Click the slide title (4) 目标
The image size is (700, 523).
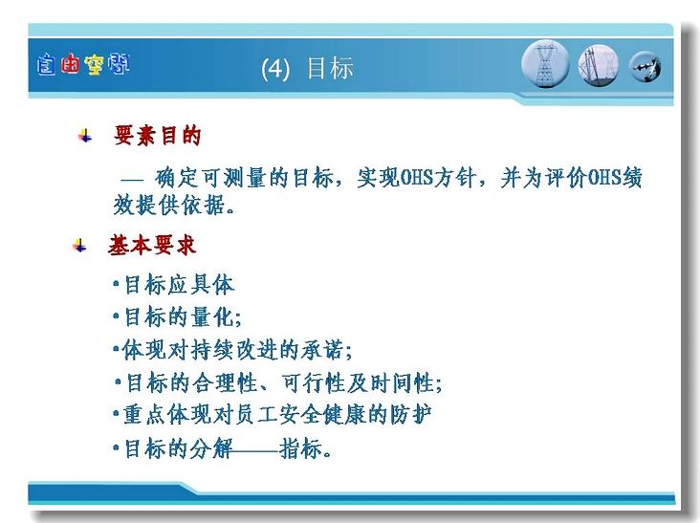tap(307, 68)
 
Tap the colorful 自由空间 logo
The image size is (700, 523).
tap(83, 65)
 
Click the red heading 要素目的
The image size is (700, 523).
tap(157, 135)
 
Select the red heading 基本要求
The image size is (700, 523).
tap(152, 246)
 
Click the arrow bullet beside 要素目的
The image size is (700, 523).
tap(85, 136)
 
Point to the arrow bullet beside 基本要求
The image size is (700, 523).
tap(79, 246)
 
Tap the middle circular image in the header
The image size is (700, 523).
tap(599, 66)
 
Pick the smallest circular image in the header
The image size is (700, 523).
tap(645, 67)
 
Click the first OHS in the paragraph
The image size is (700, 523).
tap(417, 178)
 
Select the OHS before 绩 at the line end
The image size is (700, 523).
tap(605, 178)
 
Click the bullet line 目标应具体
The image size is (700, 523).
tap(174, 285)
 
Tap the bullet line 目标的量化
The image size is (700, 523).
tap(177, 317)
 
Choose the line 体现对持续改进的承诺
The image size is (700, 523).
tap(232, 350)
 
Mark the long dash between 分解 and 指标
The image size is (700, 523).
tap(255, 450)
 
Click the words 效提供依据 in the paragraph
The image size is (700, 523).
tap(168, 206)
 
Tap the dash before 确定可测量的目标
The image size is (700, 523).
tap(133, 181)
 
